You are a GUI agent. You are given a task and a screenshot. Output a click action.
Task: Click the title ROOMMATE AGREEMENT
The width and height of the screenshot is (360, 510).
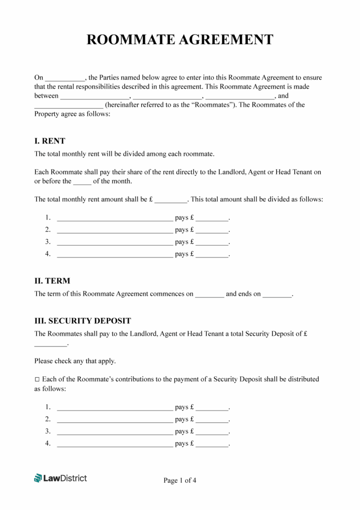(180, 39)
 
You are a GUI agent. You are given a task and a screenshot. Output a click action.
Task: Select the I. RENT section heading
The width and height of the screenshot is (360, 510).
(50, 141)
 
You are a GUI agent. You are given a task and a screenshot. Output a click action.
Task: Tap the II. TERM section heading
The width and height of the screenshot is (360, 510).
(52, 281)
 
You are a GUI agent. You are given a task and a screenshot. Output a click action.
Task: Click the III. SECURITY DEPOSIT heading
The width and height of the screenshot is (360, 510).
(82, 321)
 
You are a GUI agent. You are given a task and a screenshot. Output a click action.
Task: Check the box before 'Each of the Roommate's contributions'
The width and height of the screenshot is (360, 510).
(37, 379)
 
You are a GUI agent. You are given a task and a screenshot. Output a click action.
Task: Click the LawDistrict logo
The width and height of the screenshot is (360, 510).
(60, 478)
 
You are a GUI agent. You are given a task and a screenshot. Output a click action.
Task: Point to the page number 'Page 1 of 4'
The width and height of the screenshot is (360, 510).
(180, 480)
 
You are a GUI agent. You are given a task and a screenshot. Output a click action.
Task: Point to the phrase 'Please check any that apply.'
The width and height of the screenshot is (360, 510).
(75, 361)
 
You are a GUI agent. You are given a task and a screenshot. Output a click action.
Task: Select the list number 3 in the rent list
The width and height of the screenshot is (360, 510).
(48, 242)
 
